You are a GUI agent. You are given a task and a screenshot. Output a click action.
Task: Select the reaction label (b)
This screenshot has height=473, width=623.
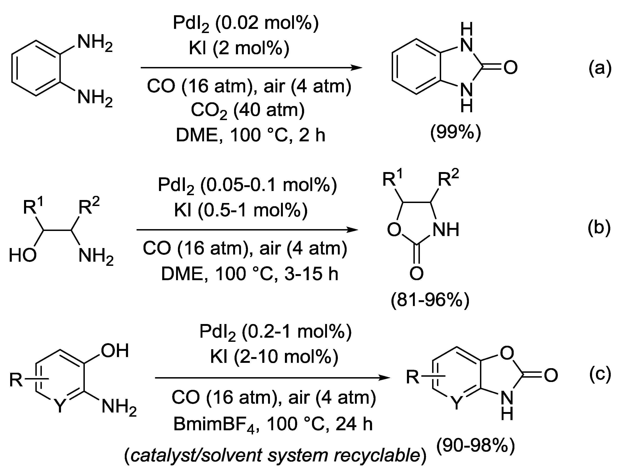pyautogui.click(x=599, y=228)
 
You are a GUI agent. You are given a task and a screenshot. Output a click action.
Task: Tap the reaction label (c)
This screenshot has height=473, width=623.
pyautogui.click(x=600, y=374)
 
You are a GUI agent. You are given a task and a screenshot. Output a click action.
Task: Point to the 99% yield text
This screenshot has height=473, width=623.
pyautogui.click(x=456, y=132)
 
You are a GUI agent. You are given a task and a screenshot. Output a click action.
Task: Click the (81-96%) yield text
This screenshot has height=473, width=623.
pyautogui.click(x=430, y=301)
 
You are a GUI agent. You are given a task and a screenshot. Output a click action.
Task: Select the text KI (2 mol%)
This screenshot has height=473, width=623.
pyautogui.click(x=239, y=49)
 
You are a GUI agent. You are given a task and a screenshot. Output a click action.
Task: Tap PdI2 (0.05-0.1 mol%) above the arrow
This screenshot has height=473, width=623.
pyautogui.click(x=247, y=185)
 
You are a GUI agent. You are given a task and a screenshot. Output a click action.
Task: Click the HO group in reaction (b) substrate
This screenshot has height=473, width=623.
pyautogui.click(x=23, y=255)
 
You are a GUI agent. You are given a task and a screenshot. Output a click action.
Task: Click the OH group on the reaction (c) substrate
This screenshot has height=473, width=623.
pyautogui.click(x=115, y=351)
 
